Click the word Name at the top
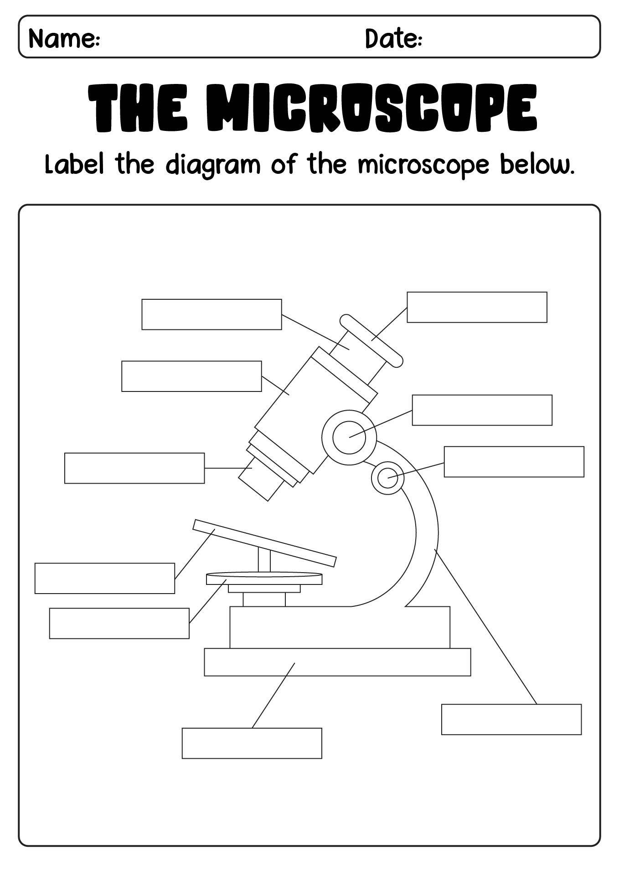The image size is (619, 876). point(64,38)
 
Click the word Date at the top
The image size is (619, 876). point(393,38)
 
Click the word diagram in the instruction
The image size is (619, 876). point(213,165)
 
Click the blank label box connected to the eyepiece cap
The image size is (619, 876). point(477,307)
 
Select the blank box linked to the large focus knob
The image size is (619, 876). point(482,410)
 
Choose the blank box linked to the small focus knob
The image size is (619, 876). point(514,462)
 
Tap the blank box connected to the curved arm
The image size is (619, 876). point(511,720)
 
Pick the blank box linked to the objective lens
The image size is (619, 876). point(134,468)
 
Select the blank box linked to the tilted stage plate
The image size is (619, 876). point(105,579)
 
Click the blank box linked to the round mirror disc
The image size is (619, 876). point(119,623)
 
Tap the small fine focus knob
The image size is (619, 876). point(388,478)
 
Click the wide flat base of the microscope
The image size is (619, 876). point(337,662)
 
